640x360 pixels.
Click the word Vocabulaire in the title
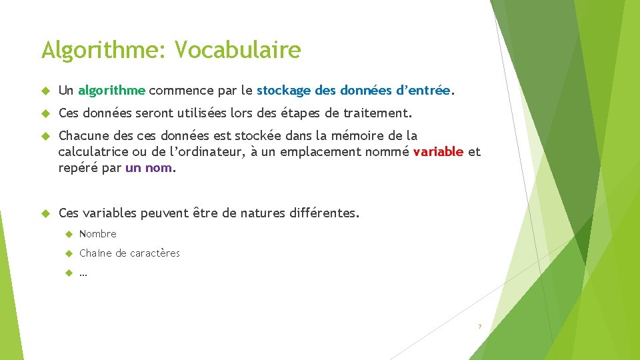(x=239, y=49)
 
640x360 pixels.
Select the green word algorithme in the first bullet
(x=111, y=90)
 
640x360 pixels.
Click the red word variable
(x=438, y=152)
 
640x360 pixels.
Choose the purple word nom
(x=158, y=168)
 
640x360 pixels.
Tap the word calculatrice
(x=93, y=152)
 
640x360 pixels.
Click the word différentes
(x=324, y=214)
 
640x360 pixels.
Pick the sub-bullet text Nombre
(x=97, y=234)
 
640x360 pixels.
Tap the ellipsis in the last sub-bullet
(x=83, y=273)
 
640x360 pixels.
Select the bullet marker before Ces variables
(x=46, y=214)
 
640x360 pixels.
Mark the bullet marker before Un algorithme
(x=46, y=90)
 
